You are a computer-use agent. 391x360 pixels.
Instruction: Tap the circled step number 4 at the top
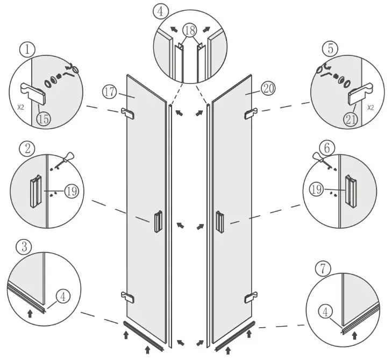pyautogui.click(x=160, y=11)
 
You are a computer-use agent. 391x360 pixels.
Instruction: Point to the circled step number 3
pyautogui.click(x=23, y=248)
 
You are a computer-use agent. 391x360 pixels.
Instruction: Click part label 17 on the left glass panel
pyautogui.click(x=110, y=92)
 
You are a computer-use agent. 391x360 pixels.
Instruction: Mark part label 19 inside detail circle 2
pyautogui.click(x=71, y=190)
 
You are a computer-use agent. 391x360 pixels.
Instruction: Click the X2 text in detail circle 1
pyautogui.click(x=20, y=107)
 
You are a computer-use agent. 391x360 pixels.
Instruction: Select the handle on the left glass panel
pyautogui.click(x=157, y=222)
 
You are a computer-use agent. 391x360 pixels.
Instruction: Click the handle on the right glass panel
pyautogui.click(x=219, y=222)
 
